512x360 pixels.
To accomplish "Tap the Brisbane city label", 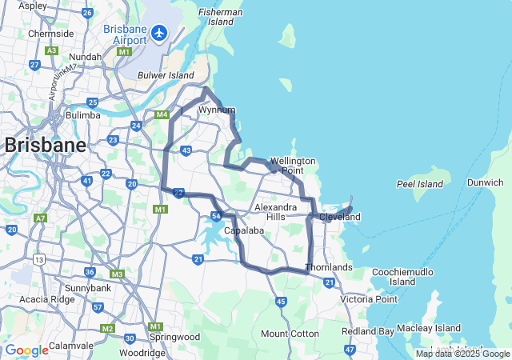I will tap(45, 146).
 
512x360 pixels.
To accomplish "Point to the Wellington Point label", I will tap(293, 166).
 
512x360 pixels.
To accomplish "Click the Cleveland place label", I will tap(340, 217).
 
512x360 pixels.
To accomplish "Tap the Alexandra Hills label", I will tap(276, 212).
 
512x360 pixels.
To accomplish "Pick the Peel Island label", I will tap(419, 184).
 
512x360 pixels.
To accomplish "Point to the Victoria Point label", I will tap(368, 299).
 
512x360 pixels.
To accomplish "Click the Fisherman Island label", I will tap(221, 17).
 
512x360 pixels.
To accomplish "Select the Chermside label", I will tap(50, 34).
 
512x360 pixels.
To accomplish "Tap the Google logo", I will tap(26, 350).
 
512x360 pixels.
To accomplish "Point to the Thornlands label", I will tap(329, 266).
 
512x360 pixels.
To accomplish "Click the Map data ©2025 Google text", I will tap(462, 354).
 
